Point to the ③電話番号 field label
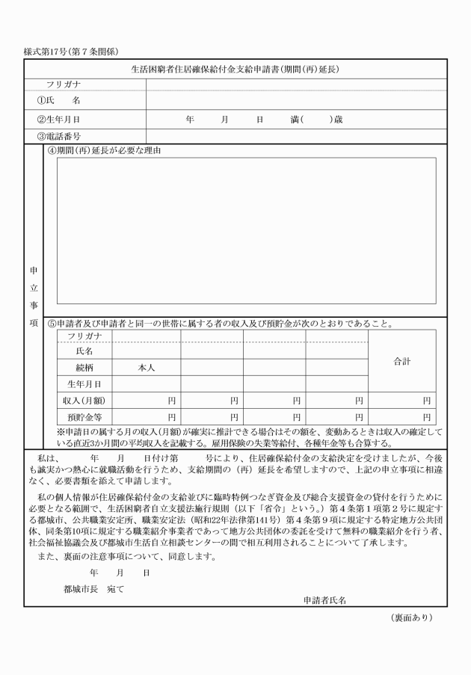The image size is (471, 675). tap(59, 137)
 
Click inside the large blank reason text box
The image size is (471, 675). tap(247, 232)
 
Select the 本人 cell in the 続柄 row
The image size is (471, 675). tap(146, 368)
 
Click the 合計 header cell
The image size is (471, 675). tap(401, 361)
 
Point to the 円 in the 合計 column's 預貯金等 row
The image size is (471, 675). tap(427, 417)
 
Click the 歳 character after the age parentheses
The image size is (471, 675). tap(338, 119)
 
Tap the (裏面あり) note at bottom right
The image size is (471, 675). tap(411, 617)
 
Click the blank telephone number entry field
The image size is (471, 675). tap(296, 137)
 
